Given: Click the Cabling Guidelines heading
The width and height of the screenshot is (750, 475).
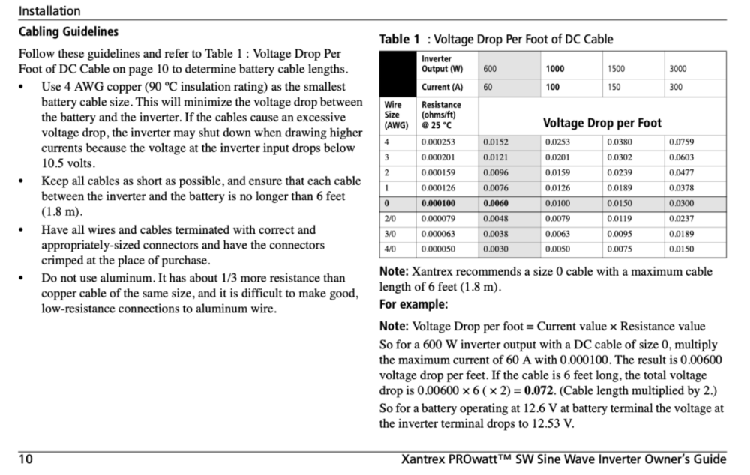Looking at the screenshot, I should click(68, 33).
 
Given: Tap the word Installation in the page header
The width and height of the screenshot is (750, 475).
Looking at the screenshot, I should click(49, 11).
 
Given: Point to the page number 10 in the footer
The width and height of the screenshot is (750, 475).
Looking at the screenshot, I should click(25, 459).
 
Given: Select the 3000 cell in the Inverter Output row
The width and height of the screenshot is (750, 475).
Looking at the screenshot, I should click(677, 69).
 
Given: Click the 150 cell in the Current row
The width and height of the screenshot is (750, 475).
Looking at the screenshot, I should click(614, 87).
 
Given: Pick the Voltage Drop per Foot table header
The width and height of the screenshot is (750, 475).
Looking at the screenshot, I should click(602, 122).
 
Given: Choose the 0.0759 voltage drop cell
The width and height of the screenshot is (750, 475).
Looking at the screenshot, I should click(681, 142).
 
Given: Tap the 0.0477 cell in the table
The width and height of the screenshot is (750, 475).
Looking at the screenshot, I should click(681, 172).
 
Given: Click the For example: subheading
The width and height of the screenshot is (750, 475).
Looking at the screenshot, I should click(413, 305).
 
